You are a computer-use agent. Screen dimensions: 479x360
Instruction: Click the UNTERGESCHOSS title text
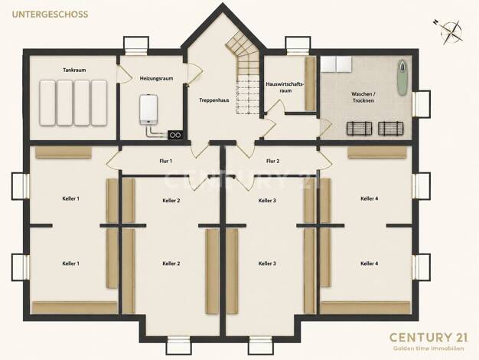click(x=50, y=15)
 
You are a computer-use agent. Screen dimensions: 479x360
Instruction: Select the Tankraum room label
click(x=74, y=70)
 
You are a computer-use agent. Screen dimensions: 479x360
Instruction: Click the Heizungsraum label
click(x=156, y=78)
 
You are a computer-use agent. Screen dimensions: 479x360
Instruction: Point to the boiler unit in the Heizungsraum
click(x=148, y=110)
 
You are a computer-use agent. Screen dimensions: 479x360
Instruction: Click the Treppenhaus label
click(x=214, y=100)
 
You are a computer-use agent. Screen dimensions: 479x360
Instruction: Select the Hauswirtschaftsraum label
click(x=285, y=87)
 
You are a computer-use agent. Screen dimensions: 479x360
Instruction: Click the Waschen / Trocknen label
click(x=363, y=97)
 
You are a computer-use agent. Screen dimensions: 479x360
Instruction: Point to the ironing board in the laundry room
click(x=402, y=78)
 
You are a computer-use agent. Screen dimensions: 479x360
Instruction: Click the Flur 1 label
click(x=165, y=161)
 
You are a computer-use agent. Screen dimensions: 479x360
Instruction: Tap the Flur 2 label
click(x=273, y=161)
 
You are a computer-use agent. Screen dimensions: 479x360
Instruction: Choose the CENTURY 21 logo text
click(x=428, y=337)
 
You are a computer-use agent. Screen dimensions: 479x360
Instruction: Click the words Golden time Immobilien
click(x=428, y=349)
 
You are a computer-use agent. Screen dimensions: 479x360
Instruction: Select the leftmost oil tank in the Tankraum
click(x=47, y=103)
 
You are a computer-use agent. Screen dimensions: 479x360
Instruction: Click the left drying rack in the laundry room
click(x=360, y=129)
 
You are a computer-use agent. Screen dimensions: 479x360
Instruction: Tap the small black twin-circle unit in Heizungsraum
click(x=175, y=135)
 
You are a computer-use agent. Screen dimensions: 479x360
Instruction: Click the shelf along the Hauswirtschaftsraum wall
click(x=310, y=83)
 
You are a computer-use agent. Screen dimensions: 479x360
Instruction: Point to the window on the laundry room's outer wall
click(x=421, y=104)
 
